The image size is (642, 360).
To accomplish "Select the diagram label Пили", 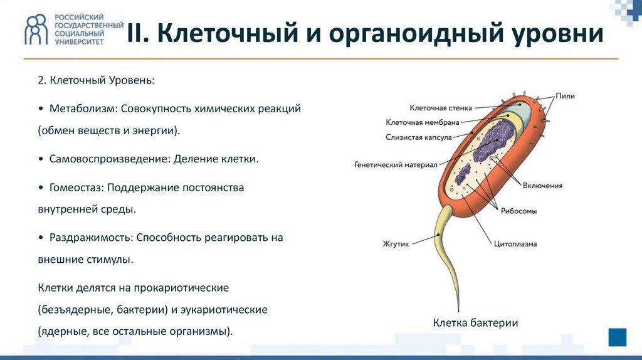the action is tap(565, 96).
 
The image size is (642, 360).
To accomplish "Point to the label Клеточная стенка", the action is tap(441, 108).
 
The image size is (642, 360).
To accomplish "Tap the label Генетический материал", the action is tap(396, 166).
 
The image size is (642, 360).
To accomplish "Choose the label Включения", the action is tap(544, 186).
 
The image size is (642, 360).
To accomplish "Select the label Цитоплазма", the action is tap(515, 243).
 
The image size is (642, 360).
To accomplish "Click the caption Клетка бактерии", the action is tap(476, 322).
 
